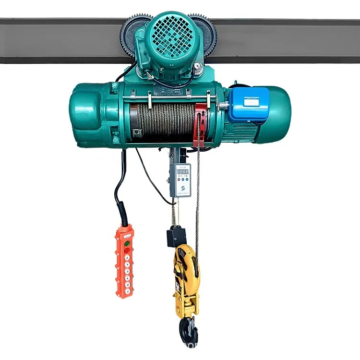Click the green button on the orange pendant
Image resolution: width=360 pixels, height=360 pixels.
127,244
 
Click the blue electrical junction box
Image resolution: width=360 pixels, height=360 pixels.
247,105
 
